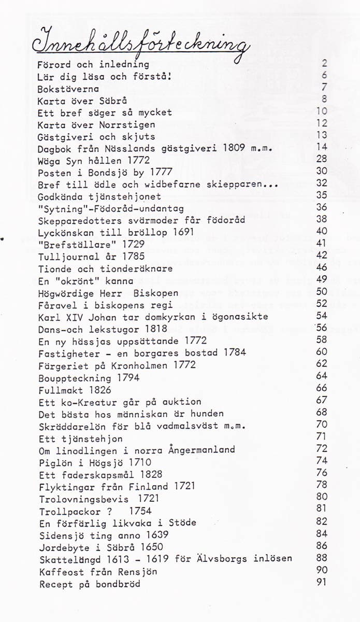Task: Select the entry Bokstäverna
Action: [68, 89]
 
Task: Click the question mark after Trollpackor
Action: [109, 511]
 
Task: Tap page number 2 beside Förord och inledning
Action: [324, 64]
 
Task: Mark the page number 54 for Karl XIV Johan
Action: [322, 316]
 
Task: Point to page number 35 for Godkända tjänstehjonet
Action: [322, 196]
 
